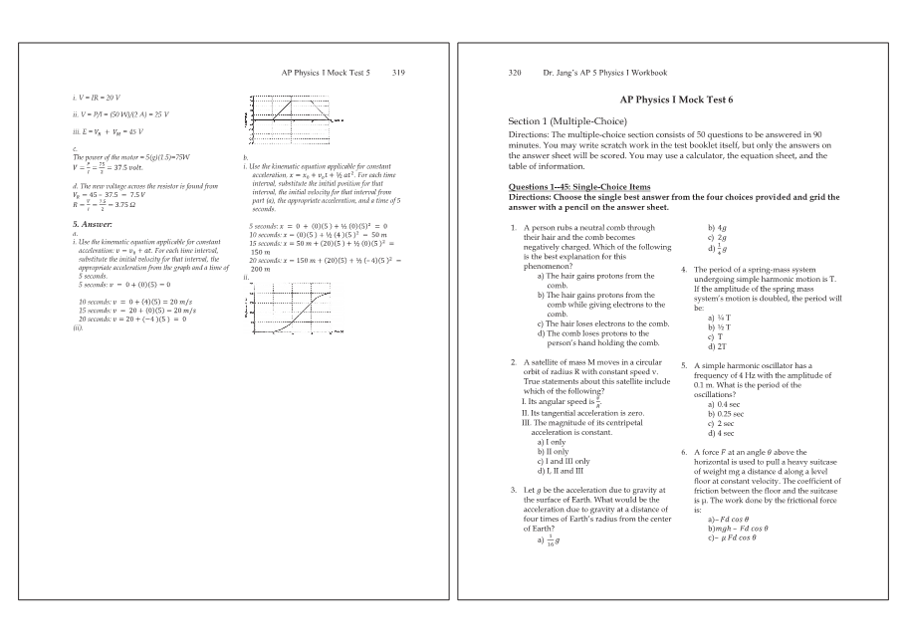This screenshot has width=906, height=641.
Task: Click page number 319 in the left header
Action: point(398,73)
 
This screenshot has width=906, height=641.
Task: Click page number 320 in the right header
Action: point(517,73)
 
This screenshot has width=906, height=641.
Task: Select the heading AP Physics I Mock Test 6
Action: point(676,100)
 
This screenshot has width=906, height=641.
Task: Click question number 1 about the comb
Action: point(512,228)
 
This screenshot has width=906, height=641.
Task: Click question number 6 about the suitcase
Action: point(684,452)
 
